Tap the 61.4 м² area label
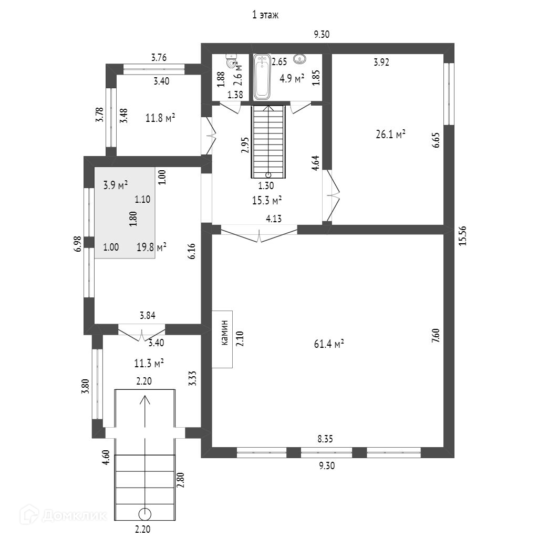pyautogui.click(x=329, y=344)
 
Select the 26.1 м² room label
pyautogui.click(x=390, y=134)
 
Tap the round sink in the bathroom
pyautogui.click(x=301, y=59)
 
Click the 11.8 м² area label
pyautogui.click(x=160, y=118)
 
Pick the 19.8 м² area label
pyautogui.click(x=152, y=247)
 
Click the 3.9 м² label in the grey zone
pyautogui.click(x=116, y=184)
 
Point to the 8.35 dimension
pyautogui.click(x=325, y=438)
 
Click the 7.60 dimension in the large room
pyautogui.click(x=435, y=335)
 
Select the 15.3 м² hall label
pyautogui.click(x=267, y=200)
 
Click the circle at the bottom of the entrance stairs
pyautogui.click(x=144, y=513)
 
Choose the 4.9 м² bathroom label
pyautogui.click(x=292, y=79)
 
